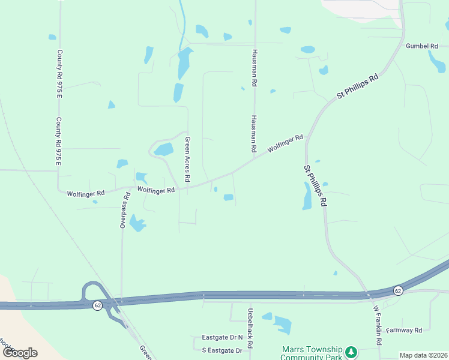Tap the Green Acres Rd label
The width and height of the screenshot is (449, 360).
coord(187,160)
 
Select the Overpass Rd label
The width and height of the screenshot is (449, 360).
coord(125,211)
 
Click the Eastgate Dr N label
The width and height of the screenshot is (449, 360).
coord(222,337)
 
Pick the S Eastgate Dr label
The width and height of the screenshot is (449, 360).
coord(221,350)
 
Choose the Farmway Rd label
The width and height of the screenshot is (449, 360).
coord(404,330)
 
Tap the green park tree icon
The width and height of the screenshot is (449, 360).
coord(352,351)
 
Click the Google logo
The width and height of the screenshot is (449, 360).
coord(19,353)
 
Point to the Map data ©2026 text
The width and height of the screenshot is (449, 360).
coord(423,355)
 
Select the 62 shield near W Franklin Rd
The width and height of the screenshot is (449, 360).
coord(397,290)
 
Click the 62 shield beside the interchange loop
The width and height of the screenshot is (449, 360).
coord(97,305)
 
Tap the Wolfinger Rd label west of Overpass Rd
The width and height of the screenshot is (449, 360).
coord(86,193)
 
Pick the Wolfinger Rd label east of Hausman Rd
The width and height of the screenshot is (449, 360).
coord(285,143)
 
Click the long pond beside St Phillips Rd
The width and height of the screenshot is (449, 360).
coord(307,196)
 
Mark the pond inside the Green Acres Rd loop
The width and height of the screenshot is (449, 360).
coord(163,149)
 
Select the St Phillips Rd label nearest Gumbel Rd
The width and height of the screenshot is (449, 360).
coord(358,86)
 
